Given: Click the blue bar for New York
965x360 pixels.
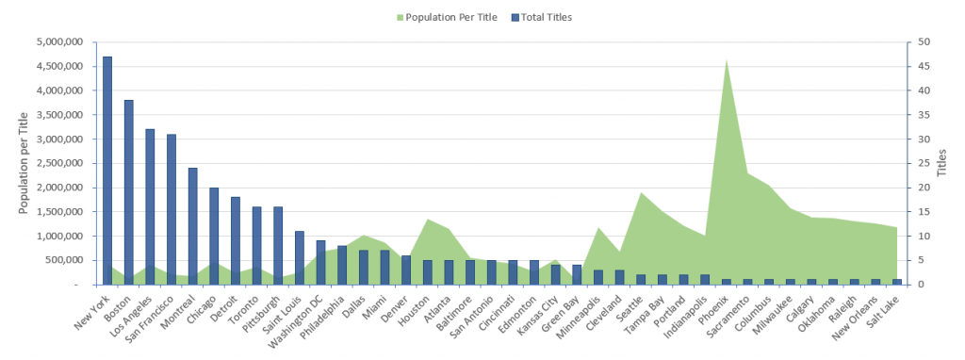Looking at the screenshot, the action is [107, 171].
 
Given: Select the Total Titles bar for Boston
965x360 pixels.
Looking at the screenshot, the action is [128, 192].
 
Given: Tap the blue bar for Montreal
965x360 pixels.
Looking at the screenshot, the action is [192, 226].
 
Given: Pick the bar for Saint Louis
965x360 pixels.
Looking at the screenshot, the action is [300, 258].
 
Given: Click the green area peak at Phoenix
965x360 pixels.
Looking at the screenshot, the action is [727, 60].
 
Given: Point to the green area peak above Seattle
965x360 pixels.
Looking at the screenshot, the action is [641, 193].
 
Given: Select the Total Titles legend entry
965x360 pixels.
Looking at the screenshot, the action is [542, 17].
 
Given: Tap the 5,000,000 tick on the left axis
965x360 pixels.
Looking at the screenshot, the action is [60, 41].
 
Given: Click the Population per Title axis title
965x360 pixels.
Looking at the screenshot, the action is [24, 163].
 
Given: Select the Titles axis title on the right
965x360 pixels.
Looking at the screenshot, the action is [942, 163].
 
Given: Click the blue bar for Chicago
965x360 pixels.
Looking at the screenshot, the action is [214, 237].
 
